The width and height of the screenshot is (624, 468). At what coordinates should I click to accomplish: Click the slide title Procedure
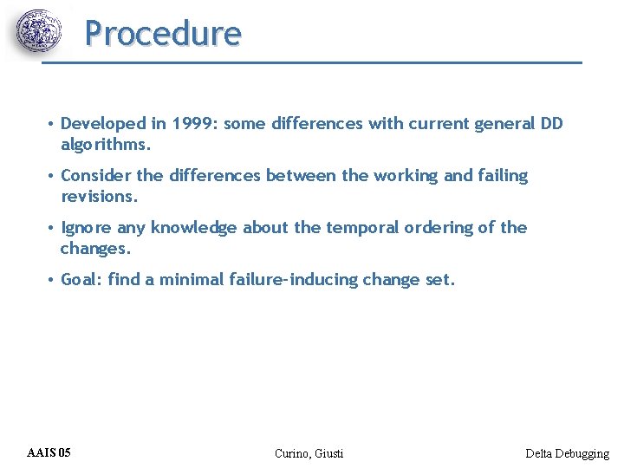(x=163, y=34)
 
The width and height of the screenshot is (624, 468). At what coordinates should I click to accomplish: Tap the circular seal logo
(x=39, y=32)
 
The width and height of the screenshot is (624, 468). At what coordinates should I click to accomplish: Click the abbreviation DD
(x=552, y=124)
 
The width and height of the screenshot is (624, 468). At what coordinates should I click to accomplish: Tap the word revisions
(x=99, y=196)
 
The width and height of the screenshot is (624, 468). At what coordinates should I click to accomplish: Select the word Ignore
(x=87, y=228)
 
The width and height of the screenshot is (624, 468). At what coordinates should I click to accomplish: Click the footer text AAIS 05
(x=49, y=452)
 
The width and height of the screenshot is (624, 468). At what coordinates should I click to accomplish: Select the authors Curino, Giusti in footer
(x=309, y=453)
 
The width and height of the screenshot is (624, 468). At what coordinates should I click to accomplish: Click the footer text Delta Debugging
(x=567, y=453)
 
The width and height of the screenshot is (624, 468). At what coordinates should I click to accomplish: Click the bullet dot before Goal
(x=52, y=280)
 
